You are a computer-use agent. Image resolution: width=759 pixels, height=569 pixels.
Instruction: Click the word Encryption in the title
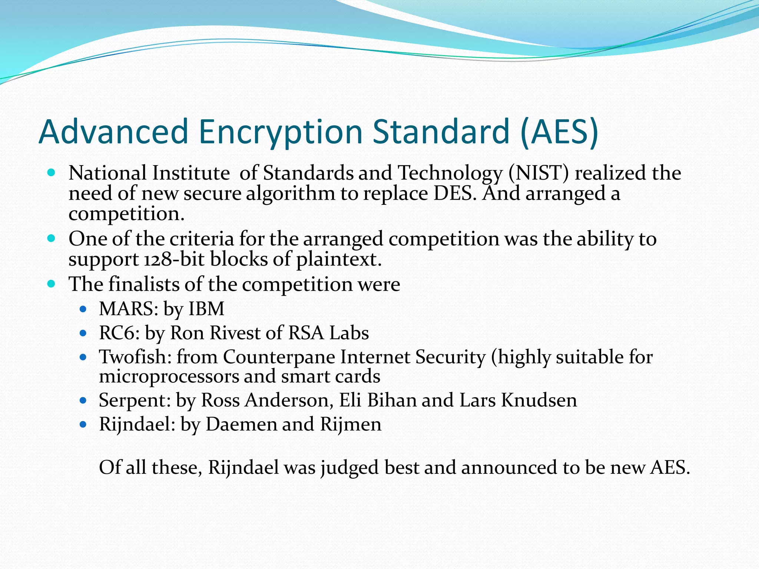[x=280, y=132]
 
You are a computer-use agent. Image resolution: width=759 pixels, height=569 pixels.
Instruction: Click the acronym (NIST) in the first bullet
[x=538, y=173]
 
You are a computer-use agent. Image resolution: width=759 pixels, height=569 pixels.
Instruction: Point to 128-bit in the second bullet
[x=174, y=259]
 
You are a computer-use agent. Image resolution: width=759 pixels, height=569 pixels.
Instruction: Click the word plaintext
[x=338, y=260]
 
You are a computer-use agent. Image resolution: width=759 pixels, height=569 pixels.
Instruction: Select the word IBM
[x=206, y=309]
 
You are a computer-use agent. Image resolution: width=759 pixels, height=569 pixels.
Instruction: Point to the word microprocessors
[x=169, y=377]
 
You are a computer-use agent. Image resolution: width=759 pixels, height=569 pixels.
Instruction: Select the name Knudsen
[x=539, y=400]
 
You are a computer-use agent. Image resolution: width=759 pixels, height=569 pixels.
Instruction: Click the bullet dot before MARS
[x=83, y=309]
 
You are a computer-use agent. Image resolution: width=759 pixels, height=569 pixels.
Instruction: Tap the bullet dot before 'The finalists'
[x=52, y=284]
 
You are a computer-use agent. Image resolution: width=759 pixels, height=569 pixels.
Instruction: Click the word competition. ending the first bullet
[x=126, y=214]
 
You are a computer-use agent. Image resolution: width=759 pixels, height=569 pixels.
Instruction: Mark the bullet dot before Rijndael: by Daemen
[x=83, y=424]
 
